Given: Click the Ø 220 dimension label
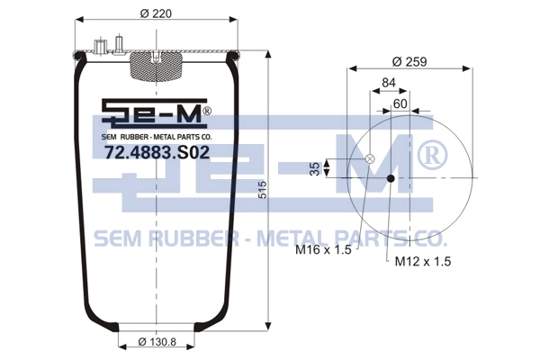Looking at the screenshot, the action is (156, 13).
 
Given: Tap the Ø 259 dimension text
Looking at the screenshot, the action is (409, 62).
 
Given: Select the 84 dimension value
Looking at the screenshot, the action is (389, 83).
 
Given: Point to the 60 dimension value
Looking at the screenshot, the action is (400, 103).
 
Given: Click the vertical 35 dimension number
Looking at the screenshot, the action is (315, 169).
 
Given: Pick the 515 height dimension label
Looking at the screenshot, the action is (263, 190).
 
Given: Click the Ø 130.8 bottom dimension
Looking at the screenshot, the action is (157, 342).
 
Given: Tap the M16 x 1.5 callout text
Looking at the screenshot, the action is (323, 250).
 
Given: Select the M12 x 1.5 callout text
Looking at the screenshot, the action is (423, 262).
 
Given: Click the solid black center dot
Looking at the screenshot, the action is (391, 178).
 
